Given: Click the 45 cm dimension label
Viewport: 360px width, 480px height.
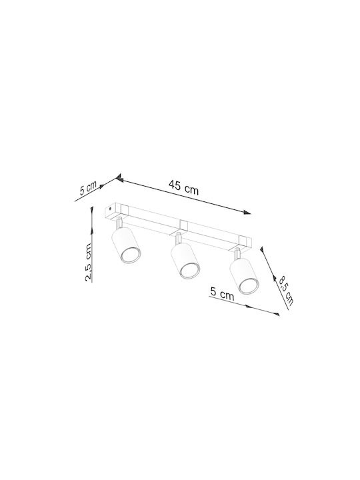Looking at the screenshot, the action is [x=184, y=187].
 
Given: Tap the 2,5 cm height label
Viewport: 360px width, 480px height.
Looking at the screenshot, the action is [x=89, y=262].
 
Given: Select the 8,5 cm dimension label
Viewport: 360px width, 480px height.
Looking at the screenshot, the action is [x=286, y=291].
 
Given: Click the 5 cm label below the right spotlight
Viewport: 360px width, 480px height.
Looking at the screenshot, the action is [x=222, y=293].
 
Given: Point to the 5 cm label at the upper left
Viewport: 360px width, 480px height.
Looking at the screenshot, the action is [x=88, y=188].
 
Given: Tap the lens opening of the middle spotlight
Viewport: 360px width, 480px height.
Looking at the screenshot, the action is [x=190, y=271].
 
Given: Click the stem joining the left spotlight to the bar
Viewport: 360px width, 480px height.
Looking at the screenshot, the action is [x=119, y=223].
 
